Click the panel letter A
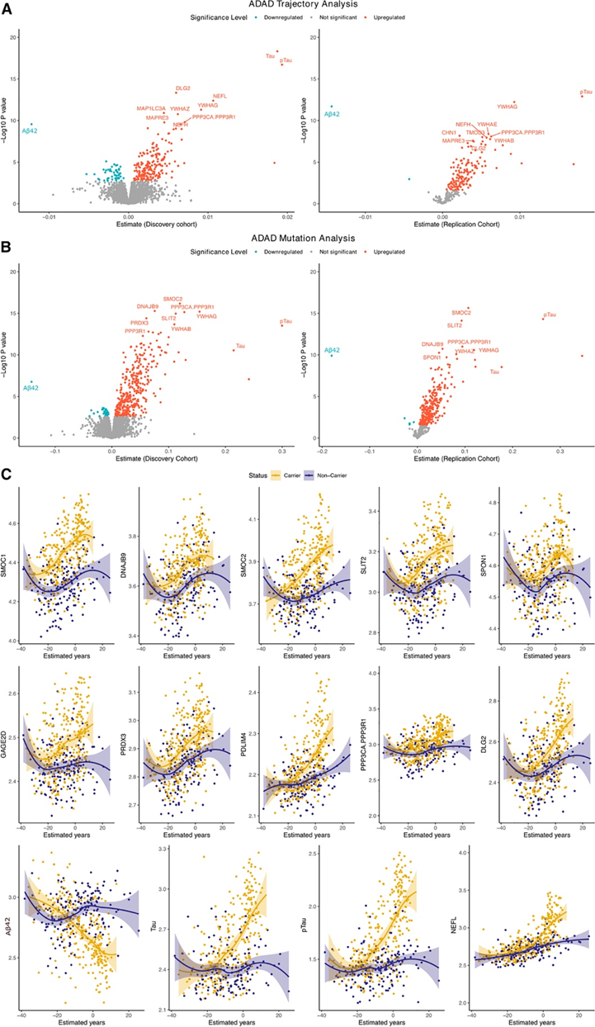pyautogui.click(x=7, y=7)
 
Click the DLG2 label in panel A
pyautogui.click(x=182, y=88)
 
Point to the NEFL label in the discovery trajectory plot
pyautogui.click(x=220, y=97)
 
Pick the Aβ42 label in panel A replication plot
pyautogui.click(x=332, y=115)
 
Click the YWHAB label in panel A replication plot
pyautogui.click(x=504, y=141)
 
